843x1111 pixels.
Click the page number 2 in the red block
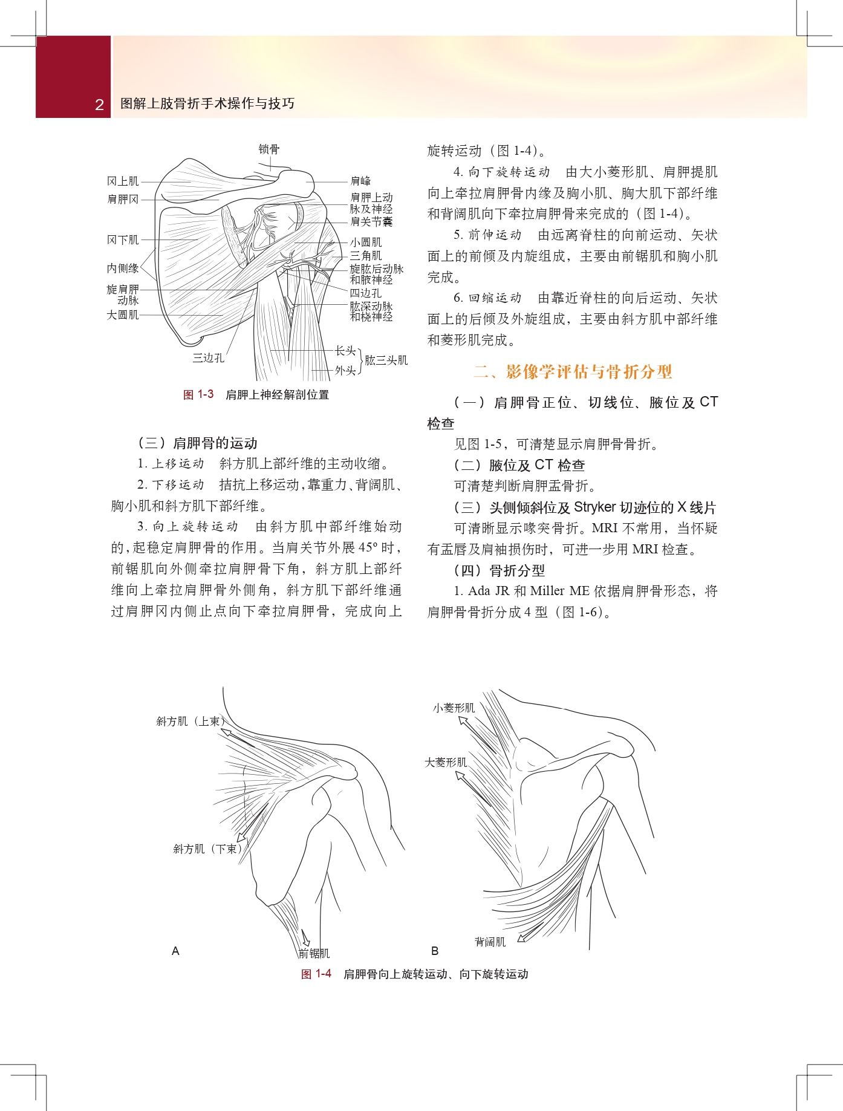point(99,105)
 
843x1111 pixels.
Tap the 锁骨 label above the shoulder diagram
point(269,149)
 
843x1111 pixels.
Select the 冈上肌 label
point(123,181)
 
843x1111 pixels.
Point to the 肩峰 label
point(360,181)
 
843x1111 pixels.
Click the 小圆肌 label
point(366,243)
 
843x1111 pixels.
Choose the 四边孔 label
point(366,293)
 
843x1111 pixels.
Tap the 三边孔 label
point(208,358)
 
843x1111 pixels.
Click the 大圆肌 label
point(123,315)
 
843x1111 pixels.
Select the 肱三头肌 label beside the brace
point(386,360)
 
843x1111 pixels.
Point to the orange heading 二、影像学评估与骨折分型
point(572,371)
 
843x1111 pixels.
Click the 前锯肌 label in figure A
point(314,954)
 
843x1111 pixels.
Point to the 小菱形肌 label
point(454,708)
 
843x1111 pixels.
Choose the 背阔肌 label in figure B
point(490,942)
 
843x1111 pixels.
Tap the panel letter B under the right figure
point(435,951)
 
